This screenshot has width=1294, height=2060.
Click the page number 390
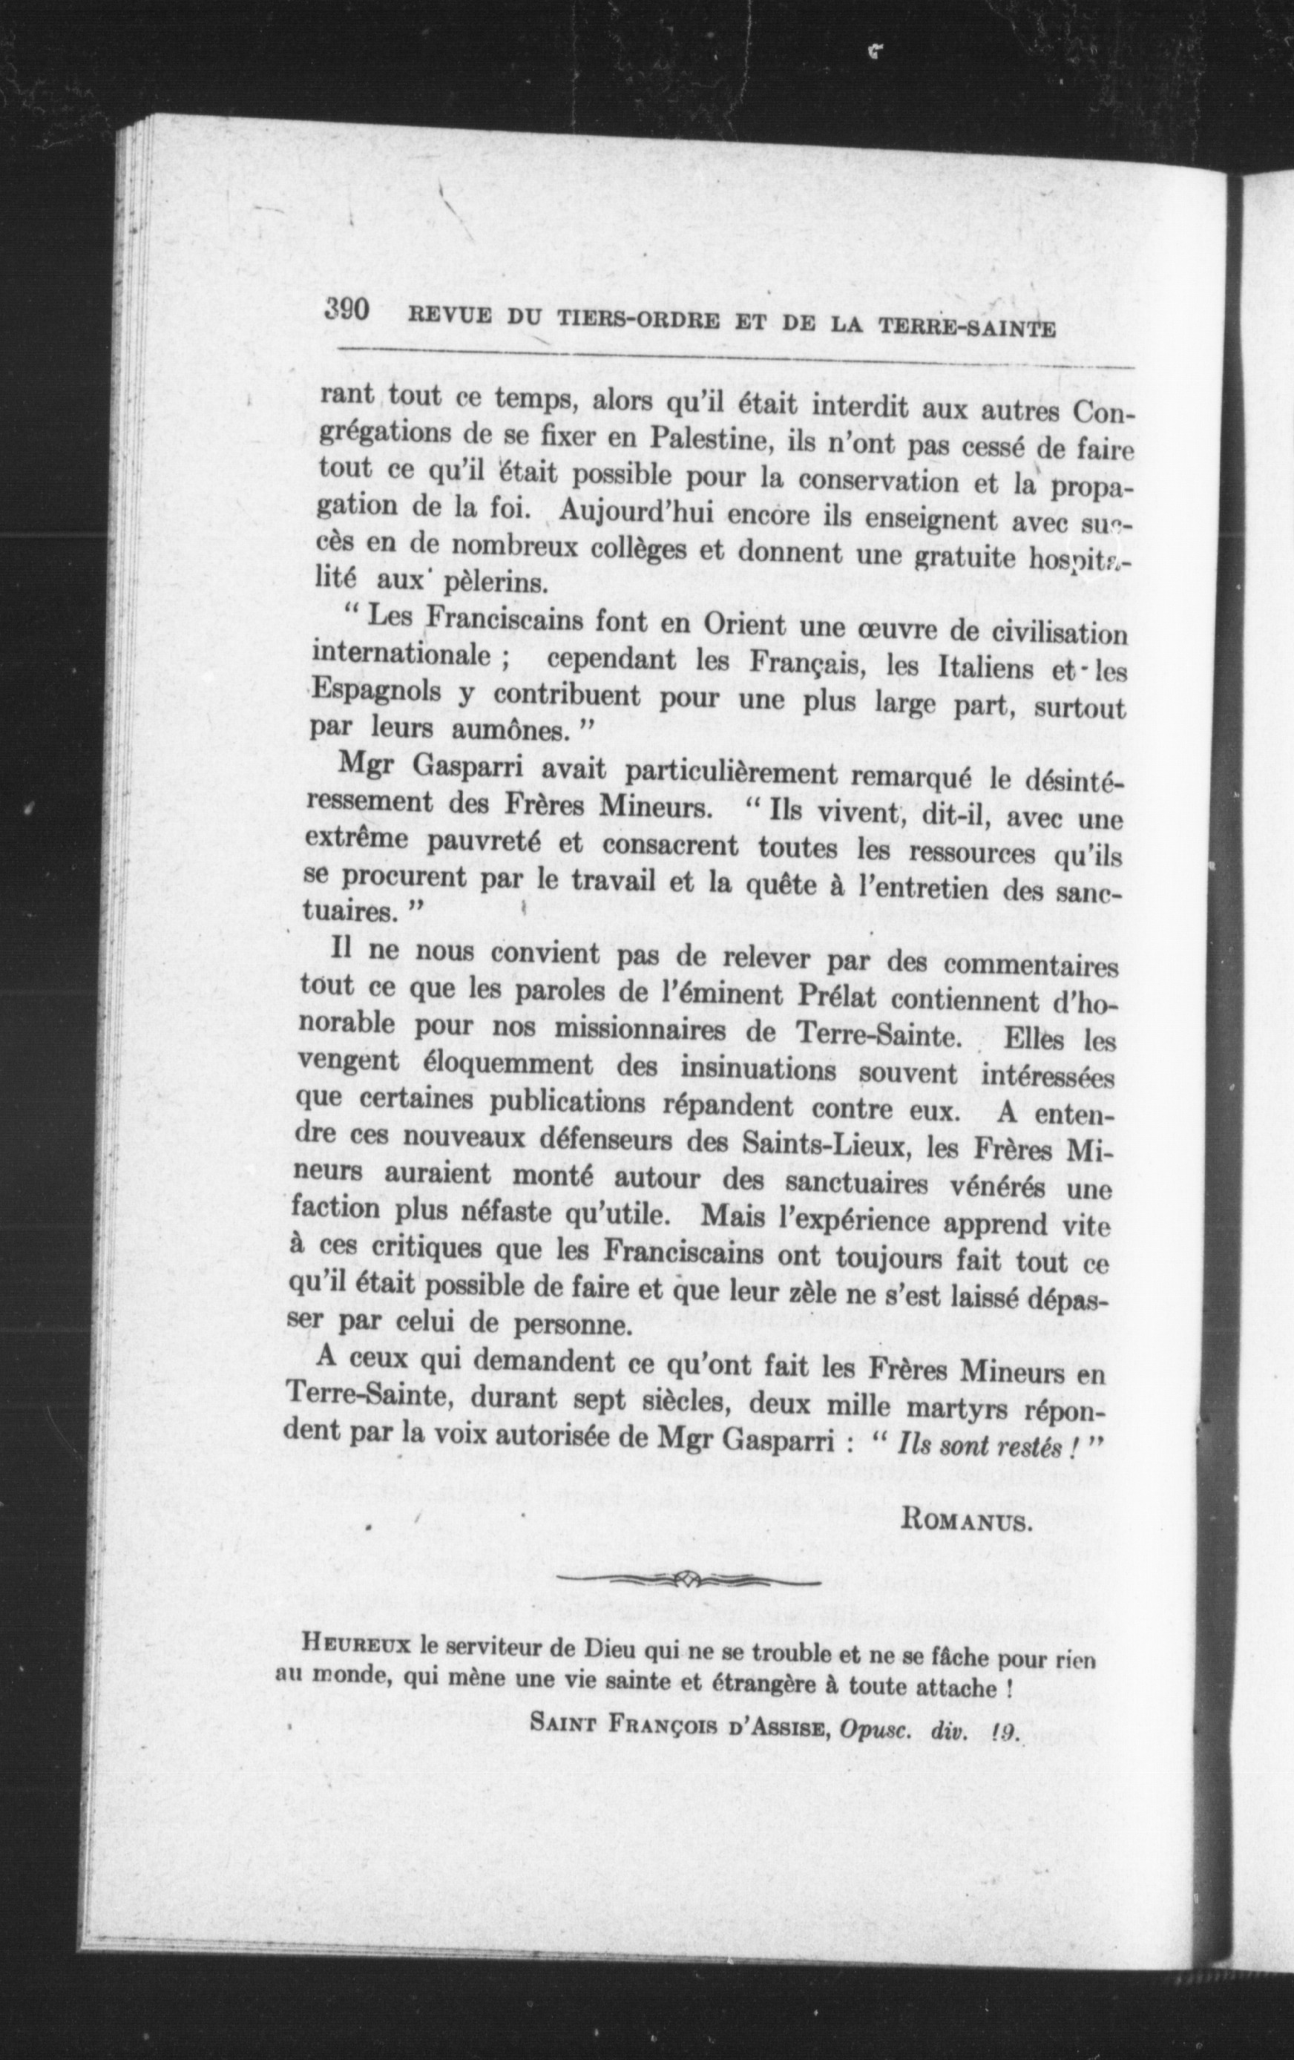coord(346,309)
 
